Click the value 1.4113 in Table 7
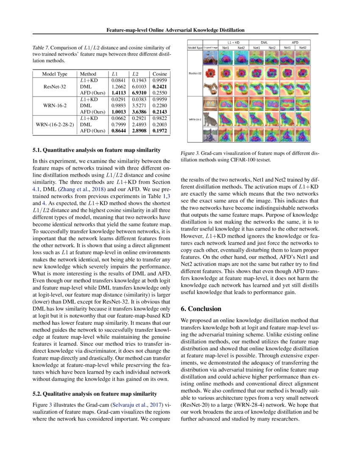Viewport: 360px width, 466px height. point(119,92)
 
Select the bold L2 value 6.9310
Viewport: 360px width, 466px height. point(139,92)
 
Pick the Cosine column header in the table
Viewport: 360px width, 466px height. point(160,74)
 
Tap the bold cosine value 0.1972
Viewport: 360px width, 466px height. point(160,131)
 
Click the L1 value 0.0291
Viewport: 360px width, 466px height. point(119,99)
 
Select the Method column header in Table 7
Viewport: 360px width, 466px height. point(88,74)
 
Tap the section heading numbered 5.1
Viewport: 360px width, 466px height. point(97,150)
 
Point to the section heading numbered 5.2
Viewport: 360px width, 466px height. point(95,393)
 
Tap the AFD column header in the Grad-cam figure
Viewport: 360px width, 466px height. point(295,43)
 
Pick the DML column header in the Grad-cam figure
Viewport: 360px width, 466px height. point(264,43)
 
